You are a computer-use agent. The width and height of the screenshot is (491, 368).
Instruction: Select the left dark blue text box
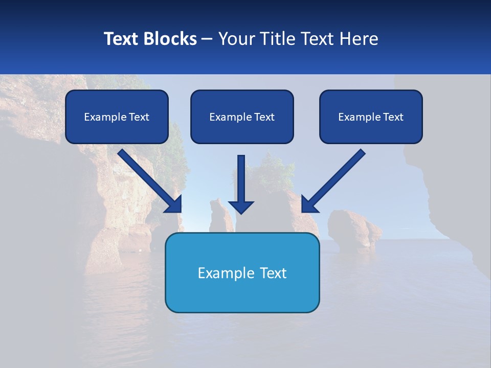pos(117,117)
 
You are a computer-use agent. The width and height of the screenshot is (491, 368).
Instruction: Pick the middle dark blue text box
pos(242,117)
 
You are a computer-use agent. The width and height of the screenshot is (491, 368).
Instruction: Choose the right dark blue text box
pos(371,117)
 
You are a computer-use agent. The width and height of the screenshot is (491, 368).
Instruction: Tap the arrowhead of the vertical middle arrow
pos(241,206)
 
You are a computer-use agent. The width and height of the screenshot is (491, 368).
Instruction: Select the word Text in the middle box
pos(264,117)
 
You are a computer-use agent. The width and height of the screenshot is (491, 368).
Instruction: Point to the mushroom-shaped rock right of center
pos(353,227)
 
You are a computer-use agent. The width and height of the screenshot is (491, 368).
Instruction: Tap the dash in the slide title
pos(207,39)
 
